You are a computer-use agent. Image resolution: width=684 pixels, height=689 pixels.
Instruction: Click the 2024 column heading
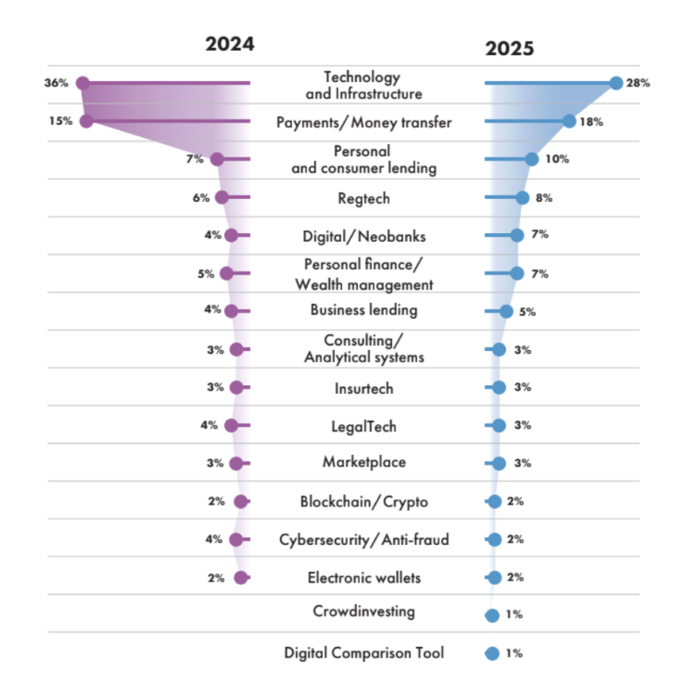coord(229,44)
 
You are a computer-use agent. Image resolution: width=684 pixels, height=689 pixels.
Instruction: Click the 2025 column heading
coord(510,48)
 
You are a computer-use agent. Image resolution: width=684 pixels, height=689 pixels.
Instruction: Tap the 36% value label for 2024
coord(56,84)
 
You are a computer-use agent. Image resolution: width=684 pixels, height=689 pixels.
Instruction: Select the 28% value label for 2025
coord(639,84)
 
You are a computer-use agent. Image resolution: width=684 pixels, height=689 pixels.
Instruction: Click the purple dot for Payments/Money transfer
coord(85,121)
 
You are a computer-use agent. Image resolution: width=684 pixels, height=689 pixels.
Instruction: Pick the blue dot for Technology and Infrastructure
coord(616,83)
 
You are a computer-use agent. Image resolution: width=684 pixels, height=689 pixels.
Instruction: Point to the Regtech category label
coord(364,198)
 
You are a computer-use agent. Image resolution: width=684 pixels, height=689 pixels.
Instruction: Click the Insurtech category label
coord(364,388)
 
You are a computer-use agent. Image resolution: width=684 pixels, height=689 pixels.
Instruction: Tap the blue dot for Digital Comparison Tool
coord(492,653)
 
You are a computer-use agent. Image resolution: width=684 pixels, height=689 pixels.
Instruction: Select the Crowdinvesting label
coord(364,611)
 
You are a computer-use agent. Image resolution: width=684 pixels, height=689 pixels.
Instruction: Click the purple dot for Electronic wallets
coord(242,577)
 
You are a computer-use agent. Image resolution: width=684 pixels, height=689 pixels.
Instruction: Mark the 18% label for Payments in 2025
coord(592,121)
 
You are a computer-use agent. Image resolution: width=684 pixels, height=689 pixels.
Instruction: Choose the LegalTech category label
coord(364,426)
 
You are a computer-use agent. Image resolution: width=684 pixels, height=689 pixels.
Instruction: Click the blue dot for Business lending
coord(506,311)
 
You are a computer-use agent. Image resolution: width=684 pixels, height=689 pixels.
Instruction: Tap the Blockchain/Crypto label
coord(364,502)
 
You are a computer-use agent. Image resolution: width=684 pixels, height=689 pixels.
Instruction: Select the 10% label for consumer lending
coord(557,159)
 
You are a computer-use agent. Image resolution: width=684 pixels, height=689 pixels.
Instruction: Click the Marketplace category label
coord(364,463)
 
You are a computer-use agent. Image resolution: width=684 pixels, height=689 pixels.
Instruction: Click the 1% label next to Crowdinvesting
coord(514,615)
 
